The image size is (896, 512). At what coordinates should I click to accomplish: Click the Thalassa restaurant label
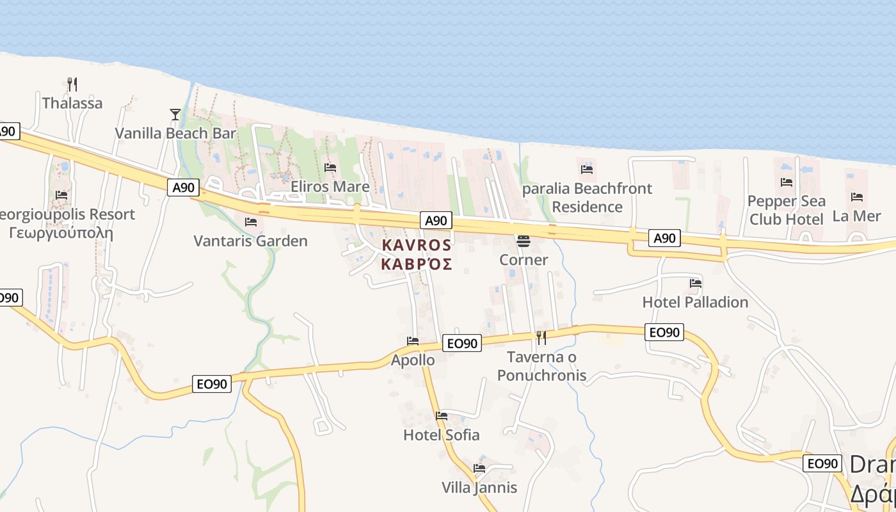click(72, 103)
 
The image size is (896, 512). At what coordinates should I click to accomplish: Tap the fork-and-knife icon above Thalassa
click(72, 83)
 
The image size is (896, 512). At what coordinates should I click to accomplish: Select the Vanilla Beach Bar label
click(175, 133)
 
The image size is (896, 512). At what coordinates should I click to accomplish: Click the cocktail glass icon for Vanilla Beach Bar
click(175, 115)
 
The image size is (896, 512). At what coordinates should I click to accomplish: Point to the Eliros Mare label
click(330, 186)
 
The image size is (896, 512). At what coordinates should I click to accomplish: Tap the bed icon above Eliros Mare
click(330, 168)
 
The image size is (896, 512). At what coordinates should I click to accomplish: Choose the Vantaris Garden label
click(250, 241)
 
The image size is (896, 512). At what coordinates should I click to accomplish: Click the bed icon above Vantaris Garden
click(251, 222)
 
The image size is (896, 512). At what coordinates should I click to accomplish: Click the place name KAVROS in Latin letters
click(417, 245)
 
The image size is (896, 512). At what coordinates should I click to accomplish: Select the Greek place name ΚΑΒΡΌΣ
click(417, 264)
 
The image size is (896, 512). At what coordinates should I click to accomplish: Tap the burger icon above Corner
click(524, 241)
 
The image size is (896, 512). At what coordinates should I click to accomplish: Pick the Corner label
click(524, 260)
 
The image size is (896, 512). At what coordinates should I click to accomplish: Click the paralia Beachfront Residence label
click(587, 198)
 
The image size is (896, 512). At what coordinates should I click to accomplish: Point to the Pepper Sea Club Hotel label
click(786, 210)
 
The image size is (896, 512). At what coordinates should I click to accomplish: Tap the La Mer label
click(857, 216)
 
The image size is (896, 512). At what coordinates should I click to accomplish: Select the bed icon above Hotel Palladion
click(696, 283)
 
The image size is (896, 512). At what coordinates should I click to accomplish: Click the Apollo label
click(413, 360)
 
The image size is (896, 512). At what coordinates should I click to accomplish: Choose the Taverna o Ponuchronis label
click(541, 366)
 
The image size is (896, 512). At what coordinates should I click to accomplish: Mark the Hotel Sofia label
click(441, 435)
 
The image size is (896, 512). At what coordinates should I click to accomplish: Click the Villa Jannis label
click(479, 488)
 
